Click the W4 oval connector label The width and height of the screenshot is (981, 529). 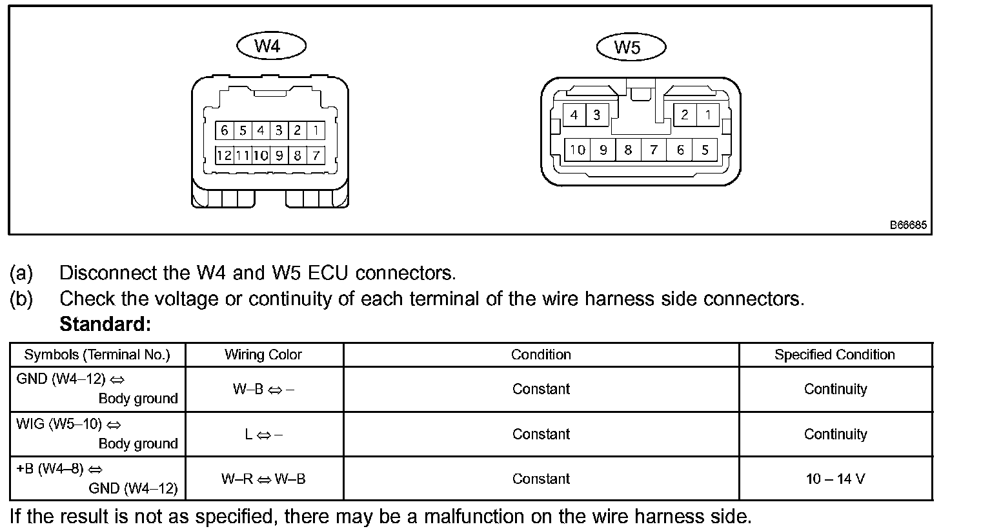point(271,46)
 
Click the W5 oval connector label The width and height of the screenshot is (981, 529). point(631,47)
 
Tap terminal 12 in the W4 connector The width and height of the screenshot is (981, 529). point(224,155)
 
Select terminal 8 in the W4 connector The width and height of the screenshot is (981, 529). point(298,155)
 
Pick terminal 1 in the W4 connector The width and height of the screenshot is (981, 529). point(316,130)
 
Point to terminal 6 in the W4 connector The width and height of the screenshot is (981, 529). point(224,130)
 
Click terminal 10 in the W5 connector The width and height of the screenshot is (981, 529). point(577,150)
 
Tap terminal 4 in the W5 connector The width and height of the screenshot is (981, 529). point(574,115)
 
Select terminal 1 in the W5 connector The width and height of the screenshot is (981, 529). point(708,115)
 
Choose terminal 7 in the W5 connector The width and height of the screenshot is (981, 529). point(654,150)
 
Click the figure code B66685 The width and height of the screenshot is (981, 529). point(908,225)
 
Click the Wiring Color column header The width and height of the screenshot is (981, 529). point(263,355)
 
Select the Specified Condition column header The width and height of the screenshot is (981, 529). point(834,355)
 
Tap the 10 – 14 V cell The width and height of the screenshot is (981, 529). point(835,479)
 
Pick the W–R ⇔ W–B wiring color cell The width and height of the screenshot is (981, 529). point(263,479)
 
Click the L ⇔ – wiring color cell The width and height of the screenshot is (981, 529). point(263,434)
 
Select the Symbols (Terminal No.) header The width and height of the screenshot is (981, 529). point(97,355)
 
